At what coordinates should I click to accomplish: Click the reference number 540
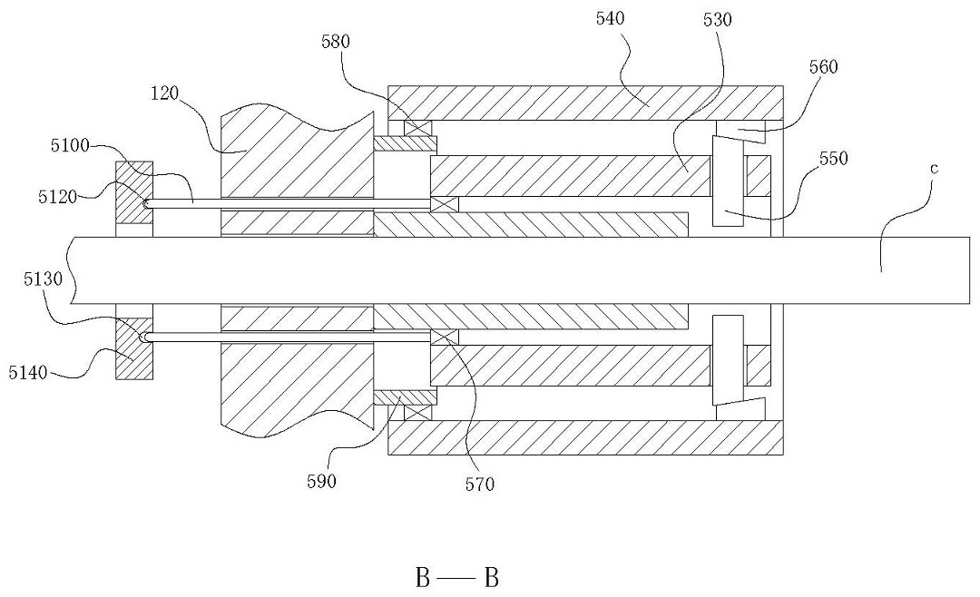click(x=610, y=19)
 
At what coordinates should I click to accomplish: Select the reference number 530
click(x=717, y=20)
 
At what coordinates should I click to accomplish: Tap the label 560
click(x=823, y=67)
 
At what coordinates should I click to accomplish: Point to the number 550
click(x=834, y=158)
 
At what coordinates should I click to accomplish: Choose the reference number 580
click(x=336, y=42)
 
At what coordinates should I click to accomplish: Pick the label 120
click(x=165, y=93)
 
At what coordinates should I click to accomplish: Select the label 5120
click(x=57, y=197)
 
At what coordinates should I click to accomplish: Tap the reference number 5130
click(x=44, y=279)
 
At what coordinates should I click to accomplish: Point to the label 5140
click(x=28, y=373)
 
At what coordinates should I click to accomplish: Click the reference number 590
click(x=321, y=482)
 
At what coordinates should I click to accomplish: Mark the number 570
click(x=480, y=484)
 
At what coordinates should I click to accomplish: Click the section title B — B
click(x=457, y=578)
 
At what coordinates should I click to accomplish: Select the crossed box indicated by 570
click(x=445, y=338)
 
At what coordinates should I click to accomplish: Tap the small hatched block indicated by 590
click(x=405, y=397)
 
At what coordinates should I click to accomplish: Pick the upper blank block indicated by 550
click(x=728, y=181)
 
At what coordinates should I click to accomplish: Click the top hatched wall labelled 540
click(x=585, y=103)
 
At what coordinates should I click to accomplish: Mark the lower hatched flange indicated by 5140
click(x=134, y=347)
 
